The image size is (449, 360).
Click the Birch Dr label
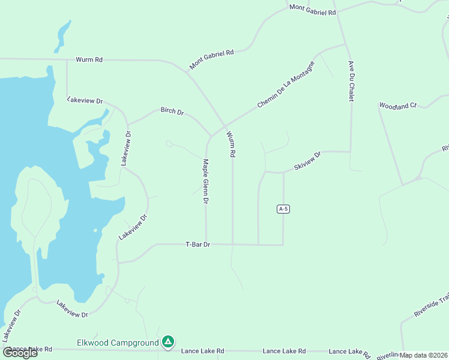pos(172,111)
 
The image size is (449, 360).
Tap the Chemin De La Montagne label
pos(285,85)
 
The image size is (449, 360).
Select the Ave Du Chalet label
pos(350,81)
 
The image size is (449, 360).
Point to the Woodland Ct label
pos(397,106)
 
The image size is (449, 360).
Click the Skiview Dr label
pos(308,159)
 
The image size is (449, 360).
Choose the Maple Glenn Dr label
pos(205,182)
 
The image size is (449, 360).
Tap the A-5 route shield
pos(284,209)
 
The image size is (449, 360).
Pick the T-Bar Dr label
pos(197,244)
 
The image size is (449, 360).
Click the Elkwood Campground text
pos(118,343)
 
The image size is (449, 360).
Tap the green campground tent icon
pos(169,342)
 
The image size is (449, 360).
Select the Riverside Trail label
pos(431,306)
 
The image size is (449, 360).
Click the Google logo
pos(20,352)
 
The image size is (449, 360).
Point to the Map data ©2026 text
pos(424,355)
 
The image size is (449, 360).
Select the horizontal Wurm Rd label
pos(89,59)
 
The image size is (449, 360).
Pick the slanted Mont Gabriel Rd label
pos(211,59)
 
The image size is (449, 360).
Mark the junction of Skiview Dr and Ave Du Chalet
pos(350,152)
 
